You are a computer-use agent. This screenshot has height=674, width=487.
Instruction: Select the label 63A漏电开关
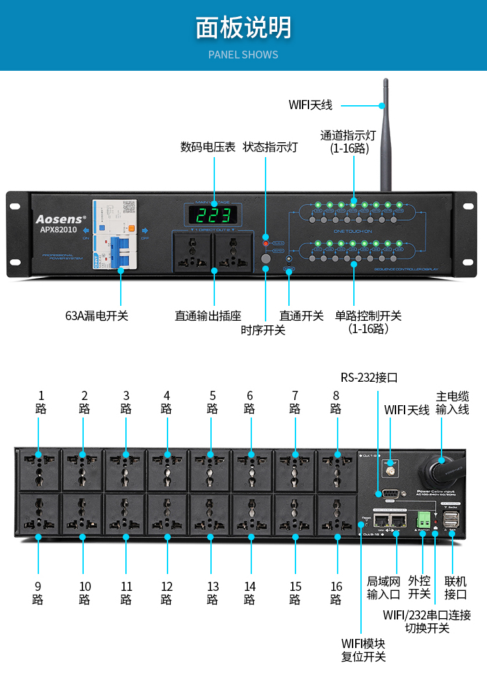click(x=97, y=316)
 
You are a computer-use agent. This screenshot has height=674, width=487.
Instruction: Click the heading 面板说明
click(x=243, y=28)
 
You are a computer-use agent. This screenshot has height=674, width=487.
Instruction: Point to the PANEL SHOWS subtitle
click(x=243, y=55)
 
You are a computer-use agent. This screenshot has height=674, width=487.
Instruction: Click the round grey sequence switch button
click(x=266, y=259)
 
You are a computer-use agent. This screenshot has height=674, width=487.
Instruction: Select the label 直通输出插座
click(x=208, y=316)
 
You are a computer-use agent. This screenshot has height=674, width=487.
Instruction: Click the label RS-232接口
click(x=369, y=378)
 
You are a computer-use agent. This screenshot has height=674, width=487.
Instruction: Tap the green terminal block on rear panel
click(x=423, y=519)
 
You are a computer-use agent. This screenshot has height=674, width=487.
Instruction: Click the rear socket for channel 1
click(x=38, y=469)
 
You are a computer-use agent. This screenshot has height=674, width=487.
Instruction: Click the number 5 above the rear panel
click(x=212, y=395)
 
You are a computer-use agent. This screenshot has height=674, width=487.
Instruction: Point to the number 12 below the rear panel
click(x=167, y=586)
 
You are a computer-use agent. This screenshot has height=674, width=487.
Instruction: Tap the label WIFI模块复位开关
click(x=364, y=650)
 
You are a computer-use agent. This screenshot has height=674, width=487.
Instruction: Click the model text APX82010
click(x=58, y=230)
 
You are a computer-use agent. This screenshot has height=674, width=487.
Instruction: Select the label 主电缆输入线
click(x=452, y=403)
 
